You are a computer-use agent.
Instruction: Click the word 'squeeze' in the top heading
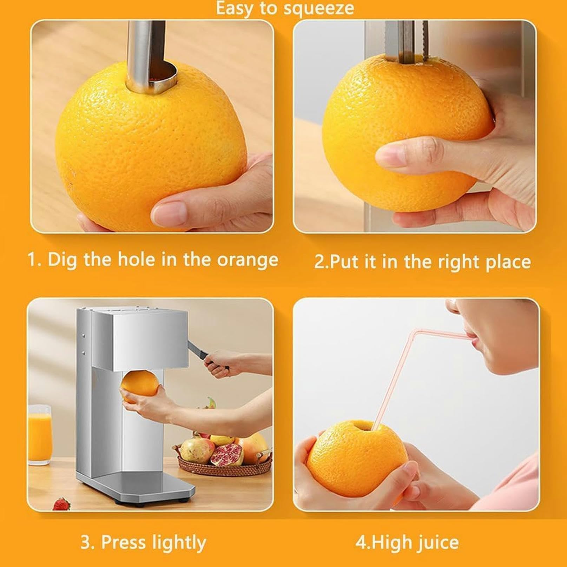pos(318,8)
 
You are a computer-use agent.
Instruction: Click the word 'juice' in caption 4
pos(437,543)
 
